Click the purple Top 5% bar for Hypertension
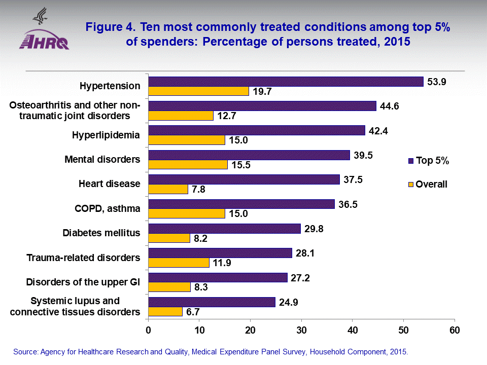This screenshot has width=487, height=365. tap(286, 81)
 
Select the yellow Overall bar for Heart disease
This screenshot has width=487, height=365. tap(168, 189)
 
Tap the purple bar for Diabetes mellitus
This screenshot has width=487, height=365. tap(224, 229)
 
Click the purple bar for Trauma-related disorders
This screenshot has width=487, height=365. tap(220, 253)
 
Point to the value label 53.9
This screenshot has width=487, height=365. tap(436, 82)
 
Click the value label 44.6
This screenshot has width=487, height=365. tap(389, 106)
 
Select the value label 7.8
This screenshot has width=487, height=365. tap(199, 189)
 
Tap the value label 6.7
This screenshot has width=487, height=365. tap(193, 312)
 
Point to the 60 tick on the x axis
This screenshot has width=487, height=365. tap(455, 330)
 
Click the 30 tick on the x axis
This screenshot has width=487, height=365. tap(301, 330)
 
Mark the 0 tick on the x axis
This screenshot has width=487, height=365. tap(148, 330)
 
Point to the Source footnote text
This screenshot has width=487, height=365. tap(211, 351)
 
